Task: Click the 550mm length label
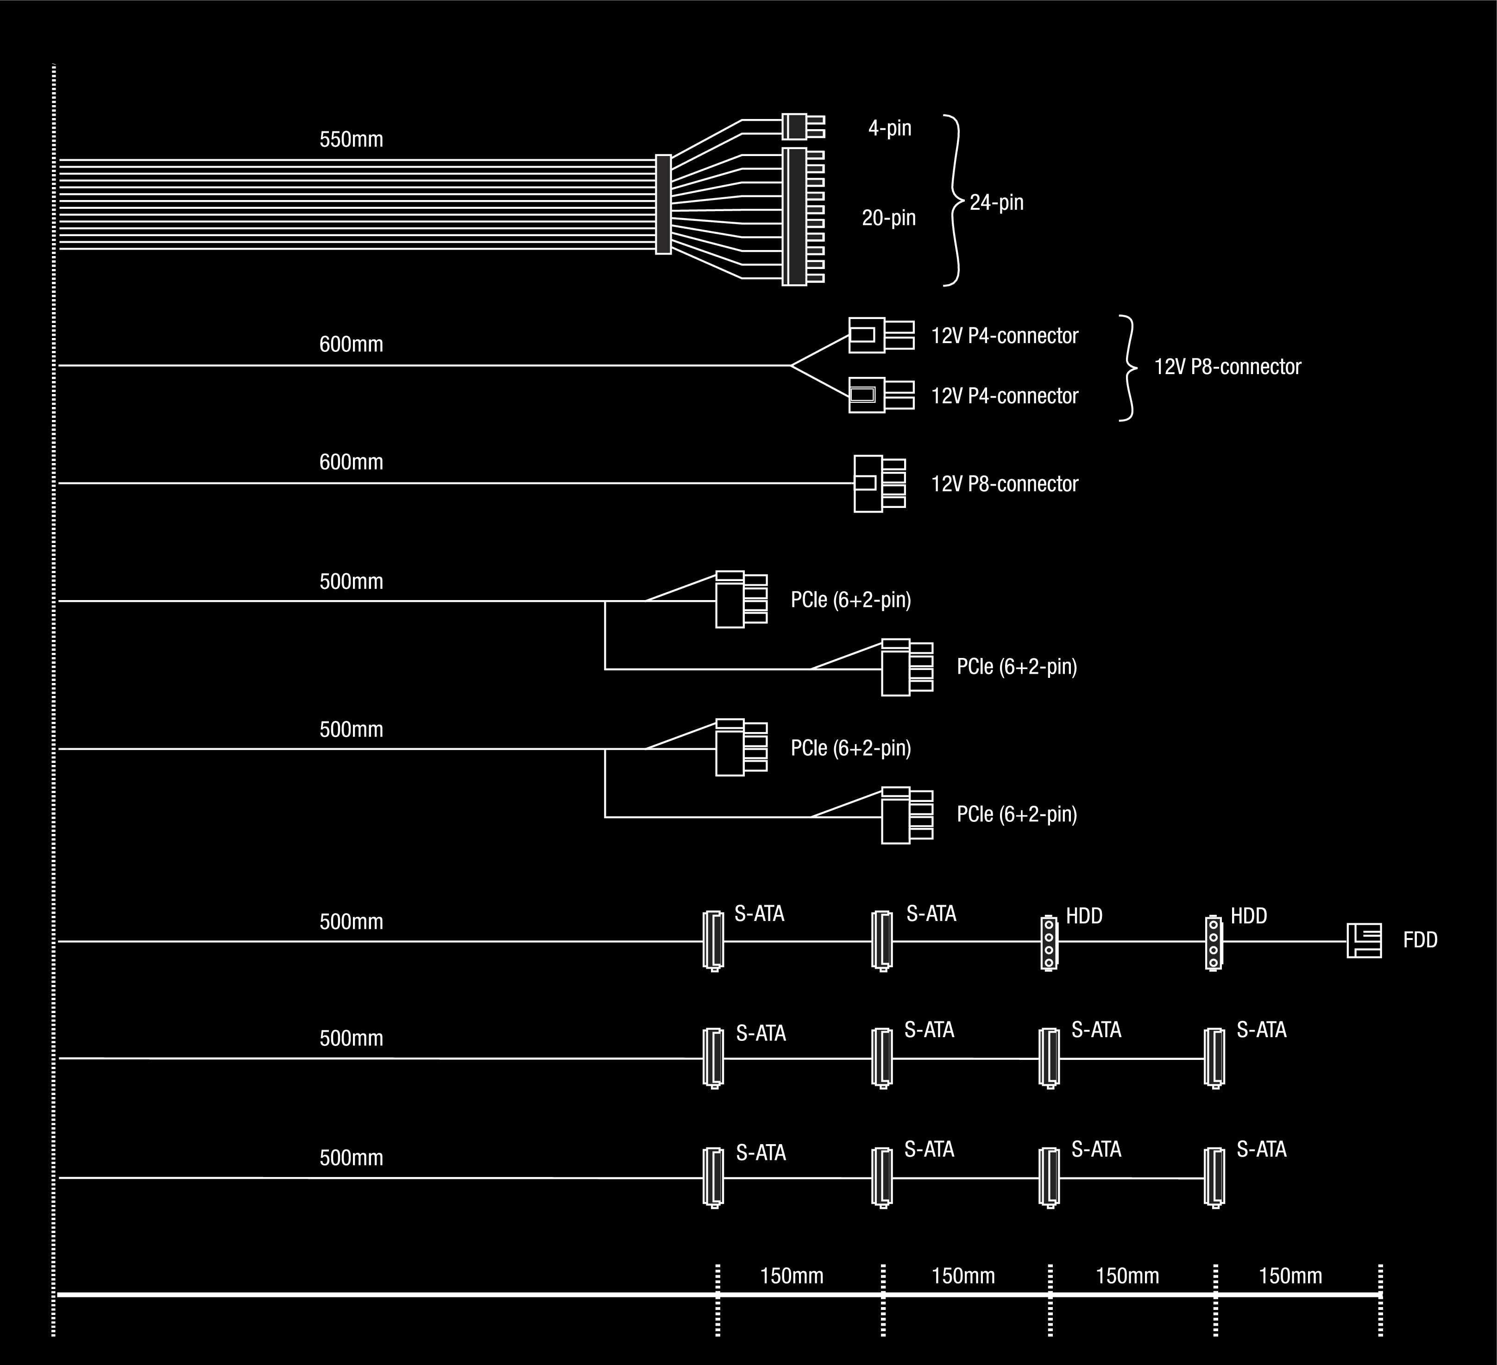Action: [351, 139]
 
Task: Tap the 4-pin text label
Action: [890, 128]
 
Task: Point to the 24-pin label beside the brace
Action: [996, 203]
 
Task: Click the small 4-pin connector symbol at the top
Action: [802, 127]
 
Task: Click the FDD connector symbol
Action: [1364, 940]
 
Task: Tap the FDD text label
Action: [1420, 940]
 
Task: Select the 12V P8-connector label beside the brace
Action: [1227, 367]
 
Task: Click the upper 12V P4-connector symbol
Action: [881, 336]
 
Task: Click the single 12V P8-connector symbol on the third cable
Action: [879, 483]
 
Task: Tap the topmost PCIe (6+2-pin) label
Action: [850, 600]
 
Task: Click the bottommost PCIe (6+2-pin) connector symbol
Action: [906, 816]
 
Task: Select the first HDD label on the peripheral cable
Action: [1084, 916]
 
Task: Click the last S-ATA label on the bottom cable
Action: [1261, 1149]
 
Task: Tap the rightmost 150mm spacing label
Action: [1290, 1276]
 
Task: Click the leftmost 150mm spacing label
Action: [792, 1276]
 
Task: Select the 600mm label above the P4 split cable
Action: [351, 344]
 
